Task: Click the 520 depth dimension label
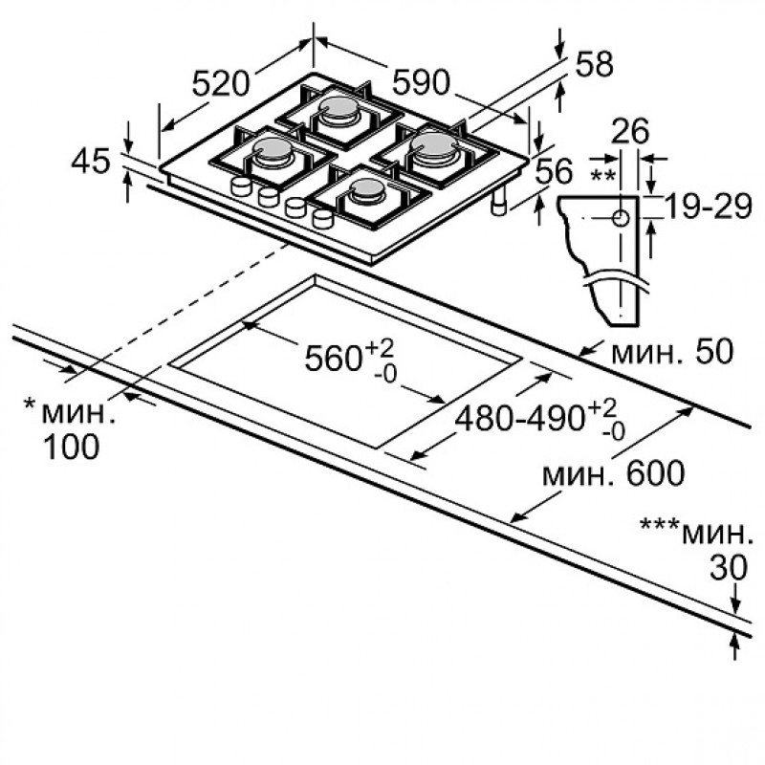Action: (x=221, y=83)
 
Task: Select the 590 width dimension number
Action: (x=421, y=81)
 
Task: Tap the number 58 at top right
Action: (x=594, y=64)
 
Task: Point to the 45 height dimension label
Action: (x=91, y=162)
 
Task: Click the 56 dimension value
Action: (x=554, y=171)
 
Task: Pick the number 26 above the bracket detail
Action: (x=630, y=130)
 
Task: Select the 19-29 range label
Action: (x=709, y=207)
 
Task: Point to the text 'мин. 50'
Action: (x=672, y=351)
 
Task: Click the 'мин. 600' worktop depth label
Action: (x=614, y=472)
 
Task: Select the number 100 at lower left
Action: (x=71, y=446)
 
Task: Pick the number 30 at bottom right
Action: (x=729, y=567)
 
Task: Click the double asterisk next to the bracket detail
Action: (x=603, y=176)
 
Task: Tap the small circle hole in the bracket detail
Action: (x=621, y=218)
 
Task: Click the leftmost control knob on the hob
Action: (x=241, y=186)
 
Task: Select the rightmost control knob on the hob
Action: (x=322, y=218)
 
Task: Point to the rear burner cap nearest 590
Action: (x=338, y=107)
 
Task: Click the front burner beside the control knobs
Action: (x=365, y=189)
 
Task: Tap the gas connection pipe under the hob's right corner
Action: (x=498, y=202)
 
